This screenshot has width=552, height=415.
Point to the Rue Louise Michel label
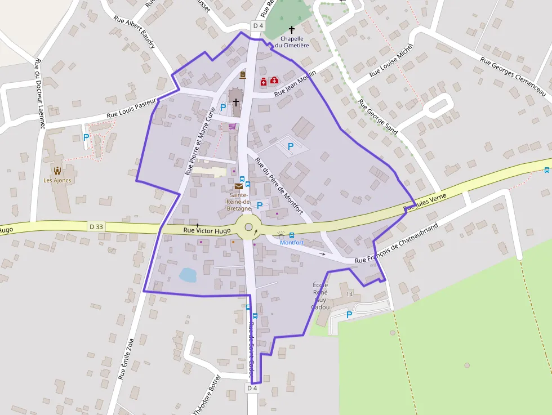(x=391, y=61)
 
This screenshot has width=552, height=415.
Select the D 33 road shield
(x=96, y=226)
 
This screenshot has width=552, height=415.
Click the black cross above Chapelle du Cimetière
(x=292, y=29)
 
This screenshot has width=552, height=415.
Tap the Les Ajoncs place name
(x=57, y=181)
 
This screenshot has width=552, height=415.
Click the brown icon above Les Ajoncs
(x=57, y=170)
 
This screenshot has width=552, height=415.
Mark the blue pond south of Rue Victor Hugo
(x=188, y=275)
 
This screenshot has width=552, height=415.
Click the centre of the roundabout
(x=248, y=227)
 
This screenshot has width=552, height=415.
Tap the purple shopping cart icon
(x=232, y=127)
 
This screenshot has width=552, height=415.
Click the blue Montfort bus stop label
(x=292, y=243)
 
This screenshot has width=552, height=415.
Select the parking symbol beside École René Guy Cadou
(x=349, y=315)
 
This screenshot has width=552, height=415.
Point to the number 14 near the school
(x=350, y=294)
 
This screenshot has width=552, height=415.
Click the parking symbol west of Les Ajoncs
(x=86, y=137)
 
